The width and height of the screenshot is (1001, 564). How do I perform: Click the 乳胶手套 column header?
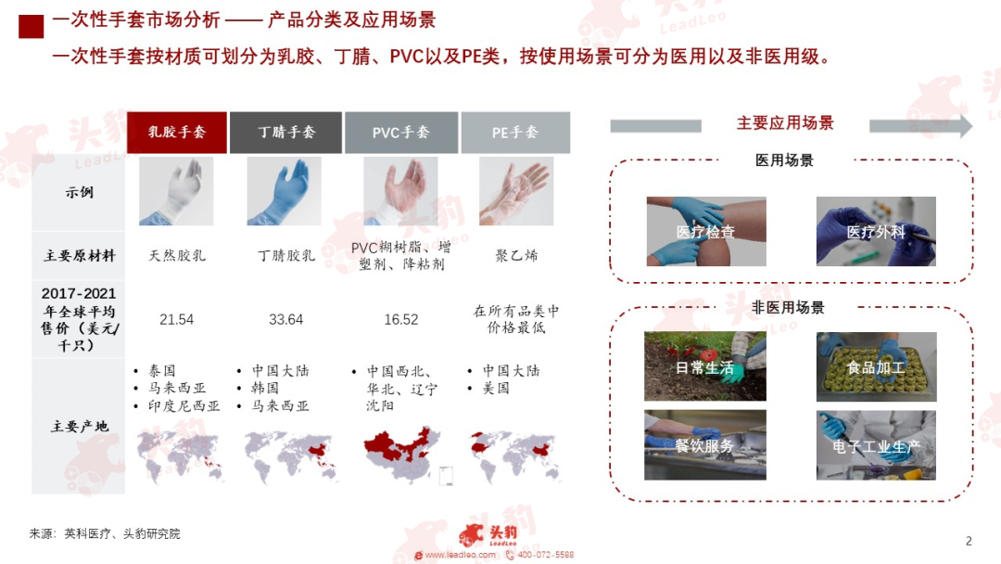[177, 133]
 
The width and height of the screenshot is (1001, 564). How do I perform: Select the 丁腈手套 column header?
[285, 133]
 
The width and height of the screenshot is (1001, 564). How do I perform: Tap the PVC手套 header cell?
[401, 133]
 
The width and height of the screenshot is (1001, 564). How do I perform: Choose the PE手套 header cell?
[515, 133]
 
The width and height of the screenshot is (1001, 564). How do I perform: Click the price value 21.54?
[177, 319]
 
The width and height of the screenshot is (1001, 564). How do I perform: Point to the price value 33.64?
[286, 319]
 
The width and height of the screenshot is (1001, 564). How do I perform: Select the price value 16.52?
[401, 319]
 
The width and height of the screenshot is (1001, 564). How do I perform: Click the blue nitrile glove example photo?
[285, 191]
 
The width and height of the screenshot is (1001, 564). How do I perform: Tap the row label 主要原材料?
[79, 256]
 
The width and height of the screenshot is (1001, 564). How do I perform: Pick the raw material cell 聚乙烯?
[516, 255]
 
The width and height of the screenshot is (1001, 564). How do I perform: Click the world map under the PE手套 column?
[514, 456]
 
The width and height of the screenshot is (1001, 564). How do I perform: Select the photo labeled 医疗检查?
[706, 231]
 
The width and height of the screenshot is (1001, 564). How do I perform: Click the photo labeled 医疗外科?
[876, 231]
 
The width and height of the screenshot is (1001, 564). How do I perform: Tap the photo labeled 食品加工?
[877, 366]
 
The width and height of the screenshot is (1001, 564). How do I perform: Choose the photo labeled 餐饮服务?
[704, 445]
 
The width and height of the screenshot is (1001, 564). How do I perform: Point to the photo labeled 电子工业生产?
[876, 445]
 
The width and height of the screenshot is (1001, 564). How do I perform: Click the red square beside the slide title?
[32, 26]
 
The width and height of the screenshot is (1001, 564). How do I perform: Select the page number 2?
[969, 541]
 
